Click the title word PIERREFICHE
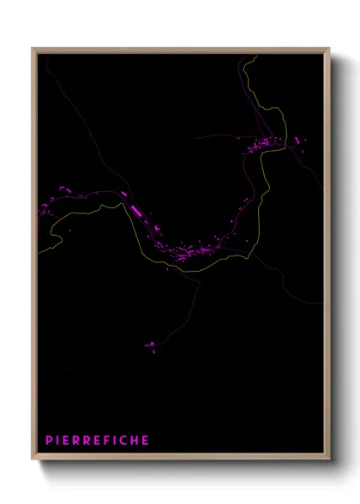98,441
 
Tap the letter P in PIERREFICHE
48,441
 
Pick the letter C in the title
123,441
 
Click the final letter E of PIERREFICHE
147,441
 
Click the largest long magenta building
135,207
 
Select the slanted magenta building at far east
297,140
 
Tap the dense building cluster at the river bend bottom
193,252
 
